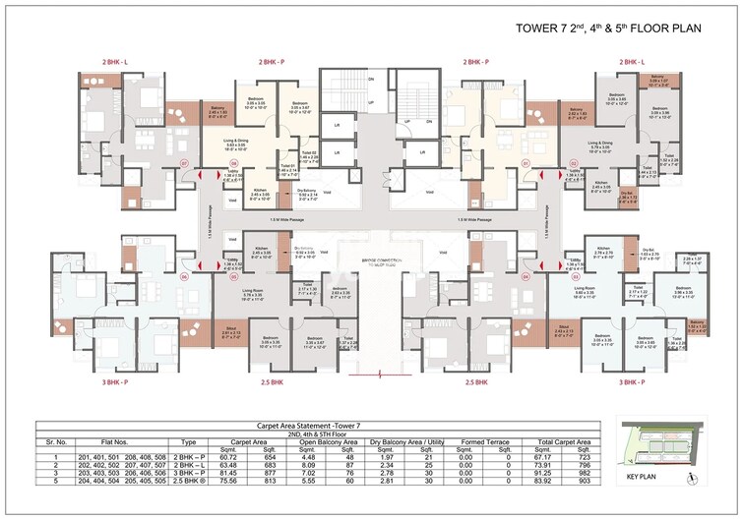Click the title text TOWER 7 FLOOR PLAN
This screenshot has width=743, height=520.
coord(608,28)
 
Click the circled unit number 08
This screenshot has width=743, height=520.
coord(234,164)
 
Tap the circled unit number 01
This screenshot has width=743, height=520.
coord(526,163)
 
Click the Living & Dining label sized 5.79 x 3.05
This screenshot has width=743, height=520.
coord(600,145)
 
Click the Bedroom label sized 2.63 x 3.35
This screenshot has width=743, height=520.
coord(341,292)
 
